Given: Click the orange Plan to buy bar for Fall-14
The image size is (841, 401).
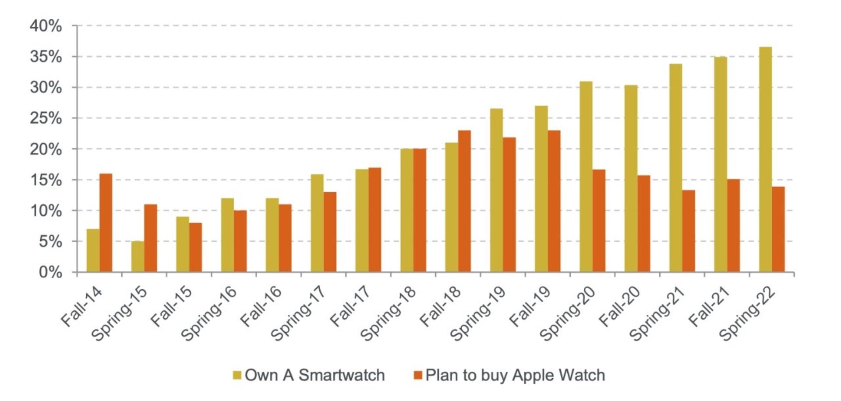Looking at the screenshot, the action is coord(106,223).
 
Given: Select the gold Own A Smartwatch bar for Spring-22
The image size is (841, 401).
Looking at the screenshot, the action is coord(765,160).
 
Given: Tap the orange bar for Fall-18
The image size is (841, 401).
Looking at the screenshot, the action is coord(464,201).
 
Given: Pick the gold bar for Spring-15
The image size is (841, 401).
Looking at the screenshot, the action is coord(138,256).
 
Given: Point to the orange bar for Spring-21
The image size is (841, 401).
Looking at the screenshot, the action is coord(689,231).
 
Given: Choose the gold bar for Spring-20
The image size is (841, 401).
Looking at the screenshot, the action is coord(586,177).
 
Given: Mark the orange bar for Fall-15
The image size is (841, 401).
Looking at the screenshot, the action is coord(196,247).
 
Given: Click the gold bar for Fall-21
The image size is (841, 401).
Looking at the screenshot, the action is coord(721,164).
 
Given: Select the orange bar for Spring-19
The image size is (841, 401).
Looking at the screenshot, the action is coord(509,205).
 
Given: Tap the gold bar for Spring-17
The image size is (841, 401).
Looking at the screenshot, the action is coord(317,223).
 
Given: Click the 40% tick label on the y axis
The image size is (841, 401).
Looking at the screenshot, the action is coord(46,26).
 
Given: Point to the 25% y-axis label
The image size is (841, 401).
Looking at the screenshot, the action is coord(46,118).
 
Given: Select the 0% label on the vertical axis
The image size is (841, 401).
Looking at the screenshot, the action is coord(50,273).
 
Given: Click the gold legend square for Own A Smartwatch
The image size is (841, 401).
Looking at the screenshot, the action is coord(237,375).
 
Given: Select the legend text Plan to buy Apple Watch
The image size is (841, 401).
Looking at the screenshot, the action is coord(515,376).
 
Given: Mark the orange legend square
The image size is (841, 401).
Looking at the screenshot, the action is coord(418,375).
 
